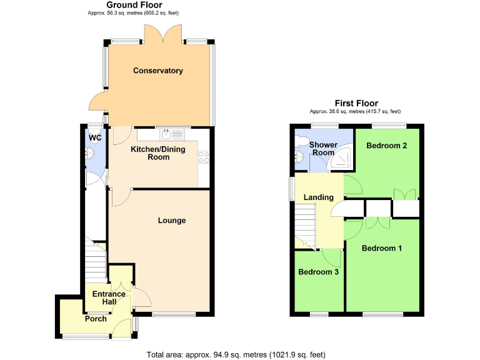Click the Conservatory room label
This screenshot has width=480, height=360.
pos(157,71)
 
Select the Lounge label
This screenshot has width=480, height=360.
pos(171,220)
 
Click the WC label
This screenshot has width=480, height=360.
pos(95,138)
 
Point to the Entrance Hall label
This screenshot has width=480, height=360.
pos(109,298)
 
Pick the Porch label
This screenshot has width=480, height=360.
pos(96,319)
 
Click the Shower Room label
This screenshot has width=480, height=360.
pos(323,149)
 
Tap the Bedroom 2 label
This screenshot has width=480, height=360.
pos(387,146)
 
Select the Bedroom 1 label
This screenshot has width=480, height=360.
pos(382,248)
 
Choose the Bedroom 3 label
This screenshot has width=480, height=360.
pos(318,272)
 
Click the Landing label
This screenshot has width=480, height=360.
pos(318,197)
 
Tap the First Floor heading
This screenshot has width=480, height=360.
pos(356,103)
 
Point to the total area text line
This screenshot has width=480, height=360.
pos(236,354)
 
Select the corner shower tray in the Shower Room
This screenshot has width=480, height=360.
pos(341,161)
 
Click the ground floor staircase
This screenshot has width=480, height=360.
pos(96,262)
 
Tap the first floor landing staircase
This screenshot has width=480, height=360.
pos(305,225)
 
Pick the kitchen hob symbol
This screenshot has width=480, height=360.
pos(202,157)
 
